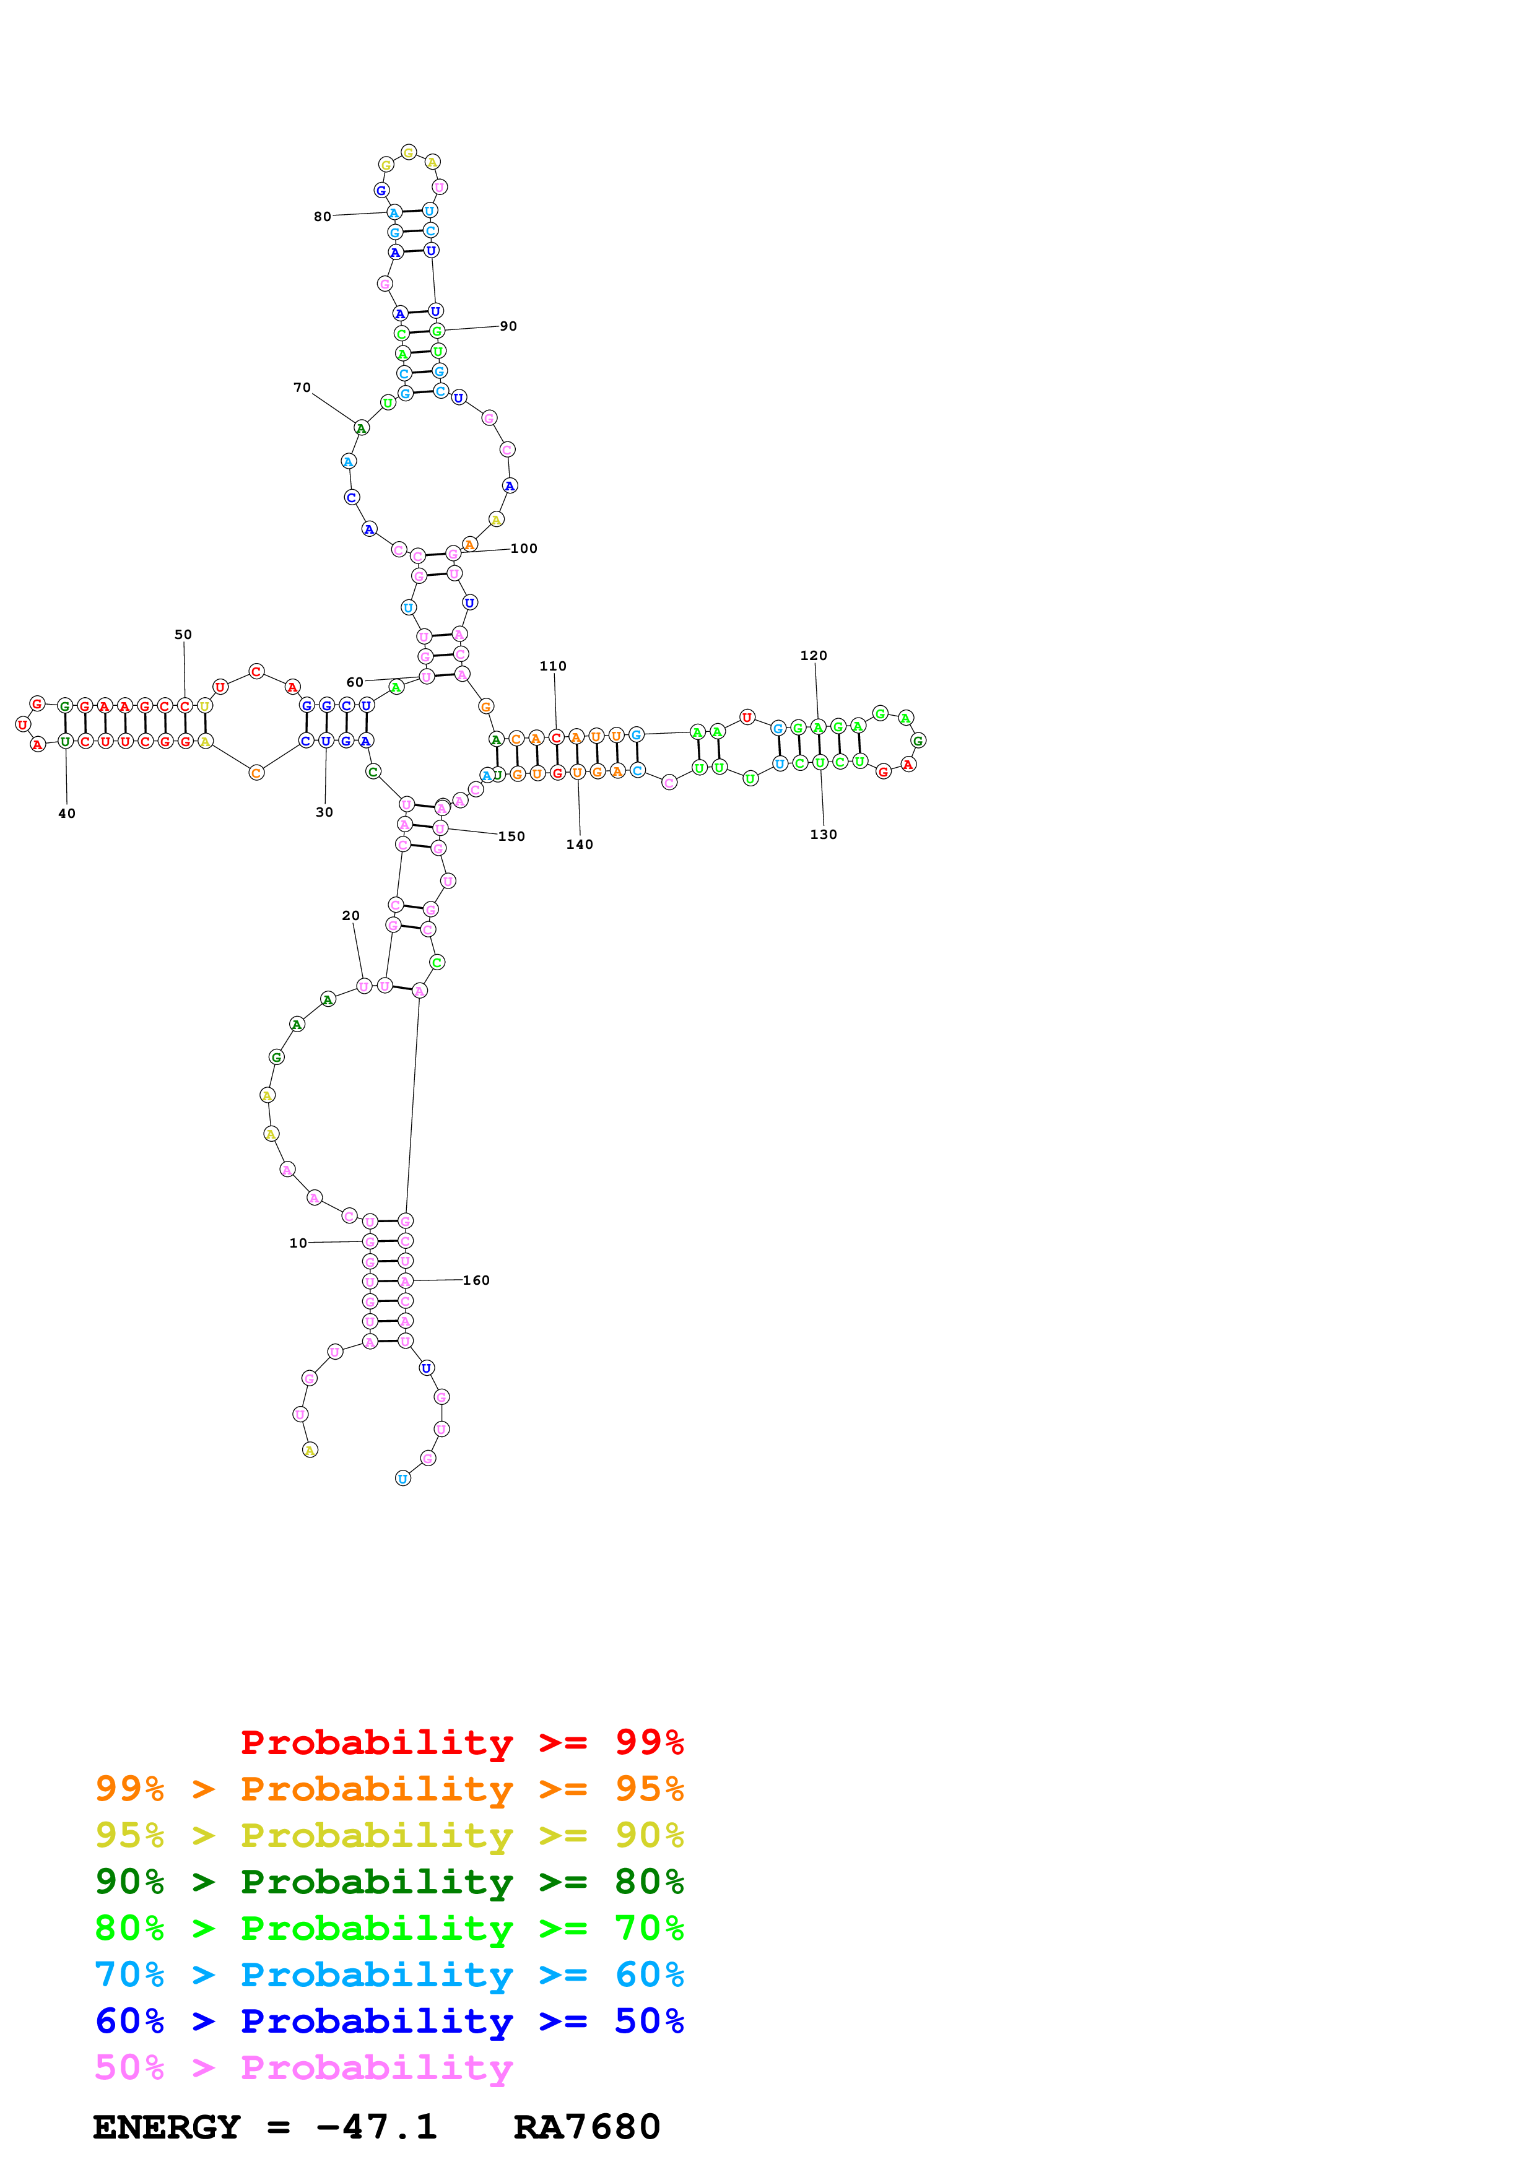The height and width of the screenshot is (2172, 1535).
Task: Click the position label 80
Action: (323, 217)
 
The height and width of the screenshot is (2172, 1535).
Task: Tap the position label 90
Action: (509, 326)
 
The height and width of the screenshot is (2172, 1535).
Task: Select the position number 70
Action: (302, 388)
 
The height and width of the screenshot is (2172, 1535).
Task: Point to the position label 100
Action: (524, 549)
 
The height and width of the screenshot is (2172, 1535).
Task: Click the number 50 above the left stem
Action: (183, 635)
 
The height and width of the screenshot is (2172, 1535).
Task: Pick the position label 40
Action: (67, 814)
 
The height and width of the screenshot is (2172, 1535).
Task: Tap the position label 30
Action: (324, 812)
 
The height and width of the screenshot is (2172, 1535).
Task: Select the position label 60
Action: (355, 682)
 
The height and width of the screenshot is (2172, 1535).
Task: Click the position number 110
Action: (554, 666)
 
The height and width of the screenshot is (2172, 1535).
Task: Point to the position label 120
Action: (814, 656)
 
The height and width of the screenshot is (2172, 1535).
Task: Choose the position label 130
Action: (824, 835)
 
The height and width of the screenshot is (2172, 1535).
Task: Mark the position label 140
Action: (580, 845)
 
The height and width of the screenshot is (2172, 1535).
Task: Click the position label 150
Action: (511, 836)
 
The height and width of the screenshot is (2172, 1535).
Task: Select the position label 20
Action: (351, 916)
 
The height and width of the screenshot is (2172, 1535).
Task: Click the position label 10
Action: (298, 1243)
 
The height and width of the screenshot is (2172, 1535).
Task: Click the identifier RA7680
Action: (586, 2127)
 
